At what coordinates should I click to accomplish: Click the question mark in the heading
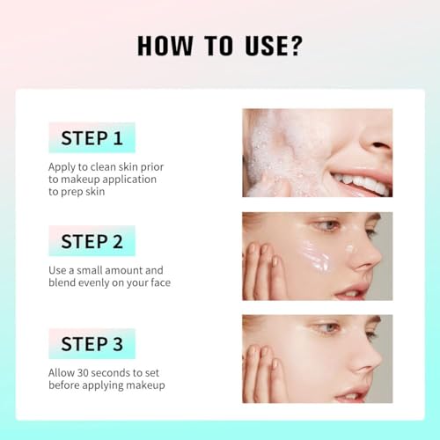click(296, 47)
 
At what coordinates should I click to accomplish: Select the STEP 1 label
click(92, 137)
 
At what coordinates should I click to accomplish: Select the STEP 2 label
click(92, 240)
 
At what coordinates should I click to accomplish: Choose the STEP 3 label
click(92, 343)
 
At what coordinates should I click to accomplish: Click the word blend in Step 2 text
click(64, 282)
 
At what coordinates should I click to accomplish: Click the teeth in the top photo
click(361, 182)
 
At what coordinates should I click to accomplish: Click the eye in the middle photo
click(326, 226)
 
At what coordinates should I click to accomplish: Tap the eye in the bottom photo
click(326, 328)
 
